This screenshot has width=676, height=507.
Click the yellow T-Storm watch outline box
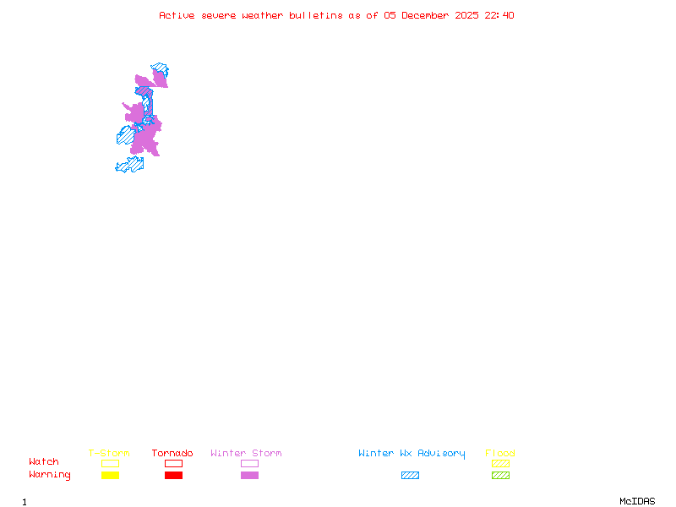coord(110,463)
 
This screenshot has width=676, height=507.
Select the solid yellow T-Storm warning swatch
coord(110,475)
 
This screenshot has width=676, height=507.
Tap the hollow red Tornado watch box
coord(173,463)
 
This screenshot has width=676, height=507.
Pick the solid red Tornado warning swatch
coord(173,475)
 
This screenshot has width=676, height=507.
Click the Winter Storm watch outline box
coord(249,463)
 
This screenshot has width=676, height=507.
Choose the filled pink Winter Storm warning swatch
coord(249,475)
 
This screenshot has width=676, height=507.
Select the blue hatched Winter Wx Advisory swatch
coord(410,475)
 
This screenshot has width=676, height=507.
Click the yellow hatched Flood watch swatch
coord(500,463)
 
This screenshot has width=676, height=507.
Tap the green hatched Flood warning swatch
coord(500,475)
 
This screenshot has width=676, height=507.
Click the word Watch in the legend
coord(44,462)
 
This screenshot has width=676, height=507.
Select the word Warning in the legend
coord(50,475)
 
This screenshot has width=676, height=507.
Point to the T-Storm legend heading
coord(109,453)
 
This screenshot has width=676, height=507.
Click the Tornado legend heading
coord(172,453)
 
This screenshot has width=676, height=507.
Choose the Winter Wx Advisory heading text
coord(412,453)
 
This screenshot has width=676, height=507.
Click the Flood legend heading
coord(500,453)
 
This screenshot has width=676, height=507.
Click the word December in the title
coord(428,15)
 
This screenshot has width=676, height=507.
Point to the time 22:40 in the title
coord(499,15)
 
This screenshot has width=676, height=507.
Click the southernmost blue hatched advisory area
coord(129,164)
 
